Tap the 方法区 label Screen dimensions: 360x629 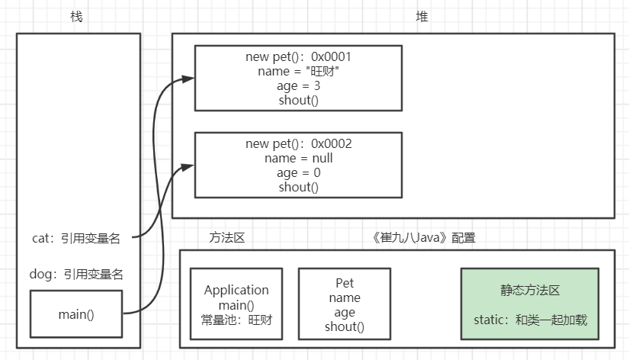pyautogui.click(x=226, y=238)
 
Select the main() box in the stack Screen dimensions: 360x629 pyautogui.click(x=76, y=313)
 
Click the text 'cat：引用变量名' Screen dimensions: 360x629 pyautogui.click(x=76, y=238)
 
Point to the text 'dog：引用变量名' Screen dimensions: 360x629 pyautogui.click(x=76, y=274)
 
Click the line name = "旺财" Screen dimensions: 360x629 pyautogui.click(x=299, y=72)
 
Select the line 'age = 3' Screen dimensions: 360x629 pyautogui.click(x=299, y=86)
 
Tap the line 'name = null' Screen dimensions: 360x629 pyautogui.click(x=299, y=159)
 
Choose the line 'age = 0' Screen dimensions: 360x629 pyautogui.click(x=299, y=173)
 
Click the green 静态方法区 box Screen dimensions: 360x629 pyautogui.click(x=529, y=303)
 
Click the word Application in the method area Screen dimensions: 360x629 pyautogui.click(x=236, y=291)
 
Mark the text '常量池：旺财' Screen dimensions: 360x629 pyautogui.click(x=236, y=320)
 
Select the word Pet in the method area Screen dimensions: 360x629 pyautogui.click(x=345, y=284)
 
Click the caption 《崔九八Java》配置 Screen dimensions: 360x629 pyautogui.click(x=424, y=238)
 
